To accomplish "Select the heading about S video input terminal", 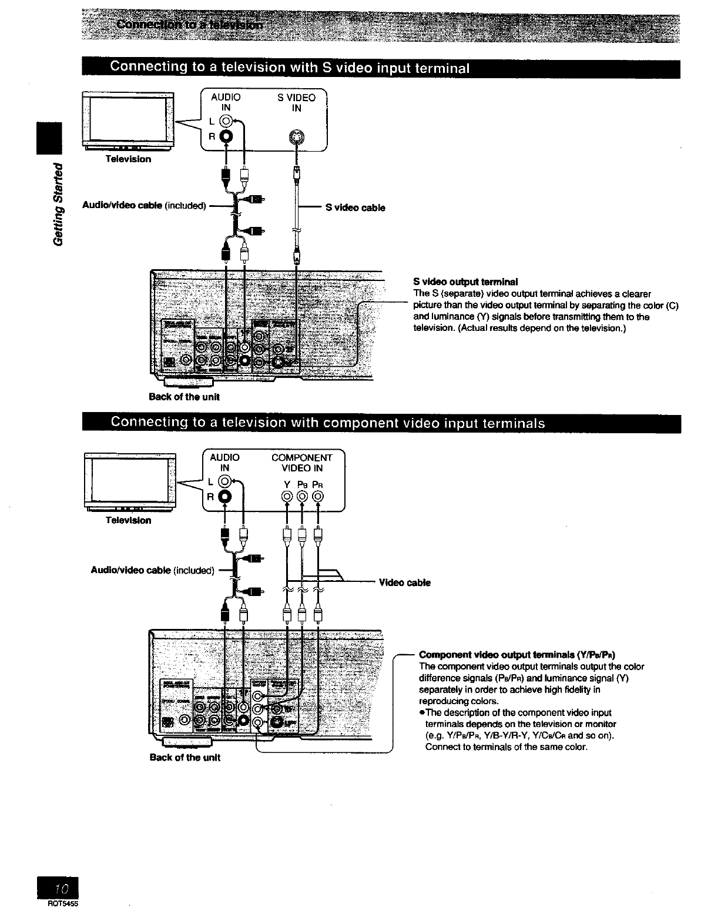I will pos(290,68).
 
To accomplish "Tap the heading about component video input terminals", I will pos(328,423).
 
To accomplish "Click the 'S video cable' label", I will pos(355,207).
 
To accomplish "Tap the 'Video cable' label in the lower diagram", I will pos(405,582).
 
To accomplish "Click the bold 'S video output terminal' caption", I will pos(465,282).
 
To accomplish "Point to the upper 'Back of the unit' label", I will pos(184,397).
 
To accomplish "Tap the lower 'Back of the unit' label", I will pos(185,758).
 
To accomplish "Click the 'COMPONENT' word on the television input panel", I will pos(301,458).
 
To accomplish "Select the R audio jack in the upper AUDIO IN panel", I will pos(226,137).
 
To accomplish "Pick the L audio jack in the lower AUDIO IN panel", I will pos(226,482).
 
